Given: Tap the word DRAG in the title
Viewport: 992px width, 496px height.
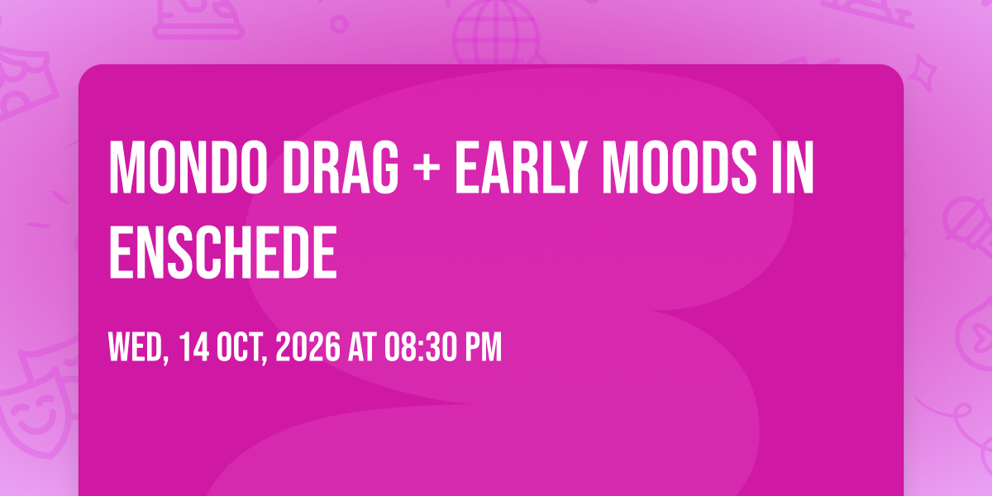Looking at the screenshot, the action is [x=341, y=167].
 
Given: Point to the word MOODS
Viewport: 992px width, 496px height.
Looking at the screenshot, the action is [x=680, y=167].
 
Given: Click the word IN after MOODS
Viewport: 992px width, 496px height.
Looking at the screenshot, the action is [x=793, y=167].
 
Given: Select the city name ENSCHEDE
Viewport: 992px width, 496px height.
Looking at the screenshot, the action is [x=223, y=251].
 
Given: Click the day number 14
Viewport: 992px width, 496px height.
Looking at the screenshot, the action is [x=194, y=346].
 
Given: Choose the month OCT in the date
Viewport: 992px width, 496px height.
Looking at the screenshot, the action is [x=242, y=348].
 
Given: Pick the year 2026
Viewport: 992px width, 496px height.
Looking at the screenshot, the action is [x=308, y=346].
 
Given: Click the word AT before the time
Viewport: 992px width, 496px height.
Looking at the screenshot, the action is [x=362, y=346].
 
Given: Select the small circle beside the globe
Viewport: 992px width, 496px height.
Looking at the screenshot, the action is [x=339, y=24].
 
